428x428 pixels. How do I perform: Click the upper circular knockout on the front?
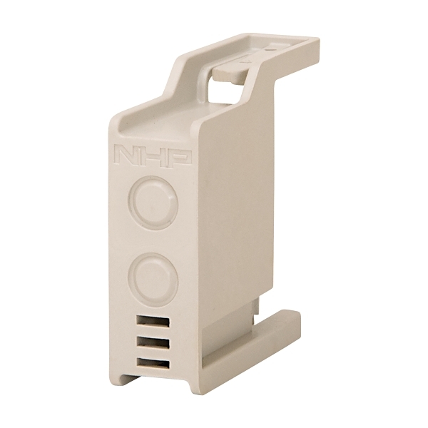[x=151, y=203]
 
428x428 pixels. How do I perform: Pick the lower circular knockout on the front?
[x=151, y=277]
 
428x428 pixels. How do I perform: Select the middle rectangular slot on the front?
[x=152, y=342]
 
